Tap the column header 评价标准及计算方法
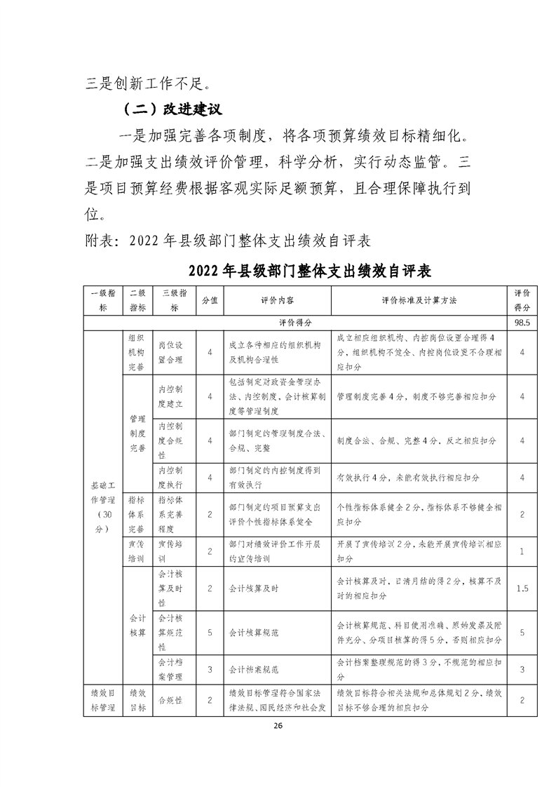[x=419, y=300]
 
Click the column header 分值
[x=210, y=300]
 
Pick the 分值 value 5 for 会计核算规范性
[x=210, y=633]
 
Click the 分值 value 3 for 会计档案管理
[x=210, y=669]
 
